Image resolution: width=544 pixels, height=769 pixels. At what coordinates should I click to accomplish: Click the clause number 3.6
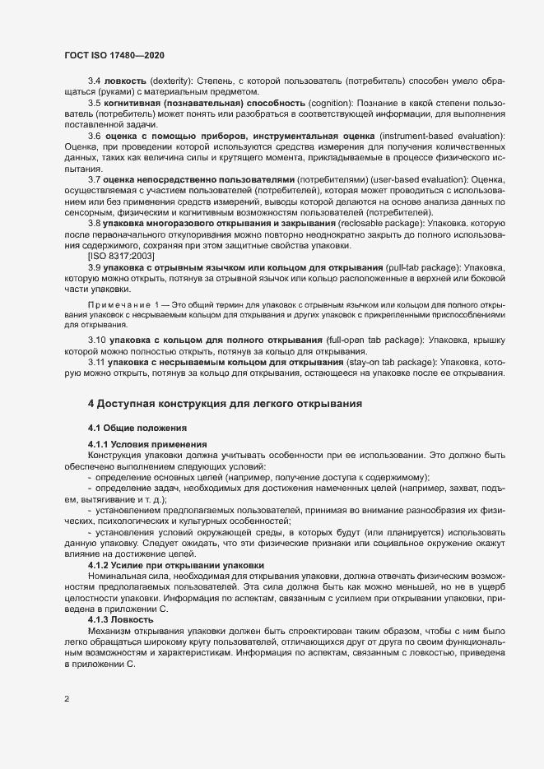pos(95,134)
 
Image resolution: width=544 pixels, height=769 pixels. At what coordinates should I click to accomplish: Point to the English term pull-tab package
pos(421,267)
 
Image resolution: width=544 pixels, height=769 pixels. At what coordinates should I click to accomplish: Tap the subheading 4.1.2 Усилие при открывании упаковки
pos(175,565)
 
